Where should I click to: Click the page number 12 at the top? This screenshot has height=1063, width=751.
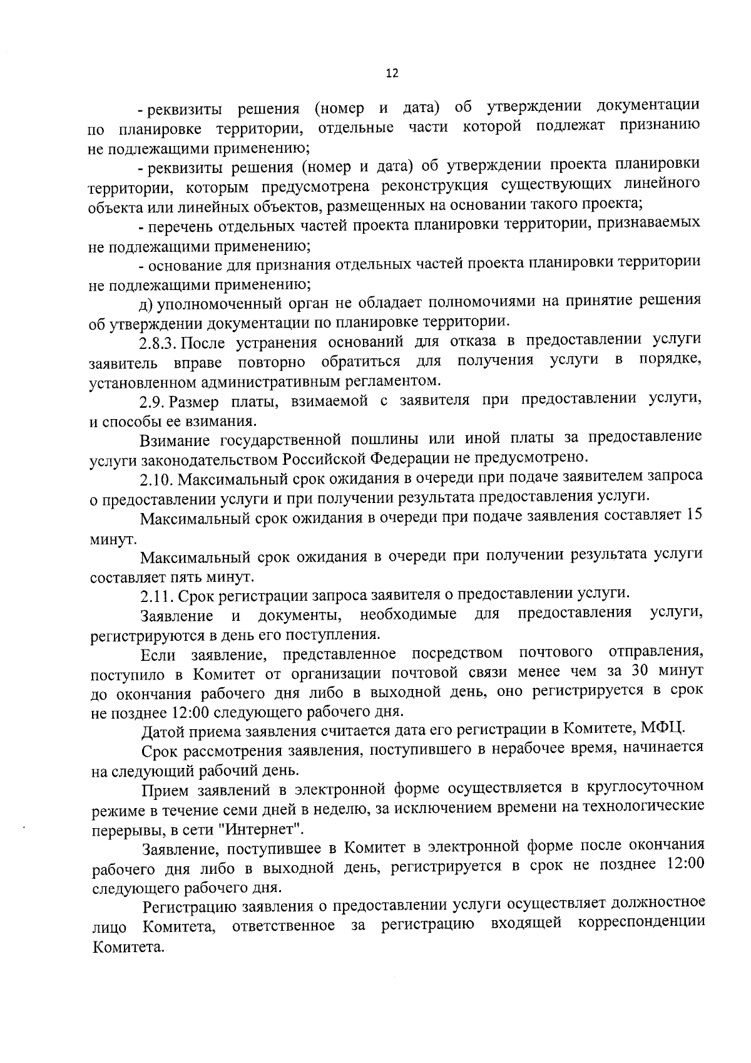(x=392, y=73)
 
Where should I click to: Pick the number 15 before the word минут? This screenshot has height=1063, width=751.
(x=694, y=515)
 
